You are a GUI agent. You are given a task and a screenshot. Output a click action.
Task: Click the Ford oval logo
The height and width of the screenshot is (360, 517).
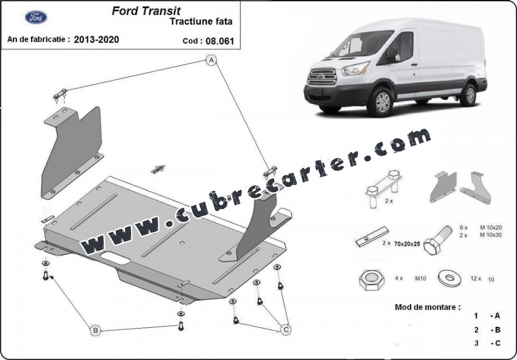pos(36,17)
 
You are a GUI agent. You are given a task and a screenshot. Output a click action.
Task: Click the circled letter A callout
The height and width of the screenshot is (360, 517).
pos(211,60)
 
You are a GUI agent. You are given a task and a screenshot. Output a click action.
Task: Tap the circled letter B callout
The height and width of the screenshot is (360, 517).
pos(95,330)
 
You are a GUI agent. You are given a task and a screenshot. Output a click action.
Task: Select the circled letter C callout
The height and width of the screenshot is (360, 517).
pos(285,329)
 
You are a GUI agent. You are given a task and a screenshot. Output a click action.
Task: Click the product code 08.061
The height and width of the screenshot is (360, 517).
pos(219,41)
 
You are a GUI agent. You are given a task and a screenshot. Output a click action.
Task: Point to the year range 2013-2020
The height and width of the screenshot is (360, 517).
pos(96,40)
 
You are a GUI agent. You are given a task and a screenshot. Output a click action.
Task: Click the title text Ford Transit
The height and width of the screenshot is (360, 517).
pos(146,11)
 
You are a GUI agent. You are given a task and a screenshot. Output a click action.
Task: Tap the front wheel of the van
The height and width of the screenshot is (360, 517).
pos(381,102)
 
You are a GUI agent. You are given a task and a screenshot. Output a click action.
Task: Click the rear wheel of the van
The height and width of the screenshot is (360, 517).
pos(469,95)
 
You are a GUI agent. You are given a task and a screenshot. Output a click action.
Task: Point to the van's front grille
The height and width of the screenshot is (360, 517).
pos(322,76)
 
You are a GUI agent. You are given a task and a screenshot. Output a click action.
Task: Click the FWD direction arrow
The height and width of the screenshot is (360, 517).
pos(158,169)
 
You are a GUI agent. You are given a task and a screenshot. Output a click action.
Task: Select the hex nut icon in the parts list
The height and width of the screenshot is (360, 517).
pos(372,280)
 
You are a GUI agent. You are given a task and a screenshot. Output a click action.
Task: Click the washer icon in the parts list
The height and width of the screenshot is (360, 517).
pos(449,278)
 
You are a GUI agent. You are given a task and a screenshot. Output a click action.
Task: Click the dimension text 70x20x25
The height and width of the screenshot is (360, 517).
pos(407,244)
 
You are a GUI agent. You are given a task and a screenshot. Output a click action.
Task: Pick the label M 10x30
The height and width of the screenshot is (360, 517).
pos(491,235)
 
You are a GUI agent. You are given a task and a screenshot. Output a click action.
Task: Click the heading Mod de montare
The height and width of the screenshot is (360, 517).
pos(428,307)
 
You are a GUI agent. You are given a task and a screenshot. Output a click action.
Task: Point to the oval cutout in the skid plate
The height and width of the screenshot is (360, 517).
pos(115,258)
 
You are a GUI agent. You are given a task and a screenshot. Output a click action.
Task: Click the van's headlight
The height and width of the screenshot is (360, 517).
pos(355,69)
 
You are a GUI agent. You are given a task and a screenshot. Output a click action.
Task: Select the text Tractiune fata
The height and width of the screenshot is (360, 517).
pos(201,22)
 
